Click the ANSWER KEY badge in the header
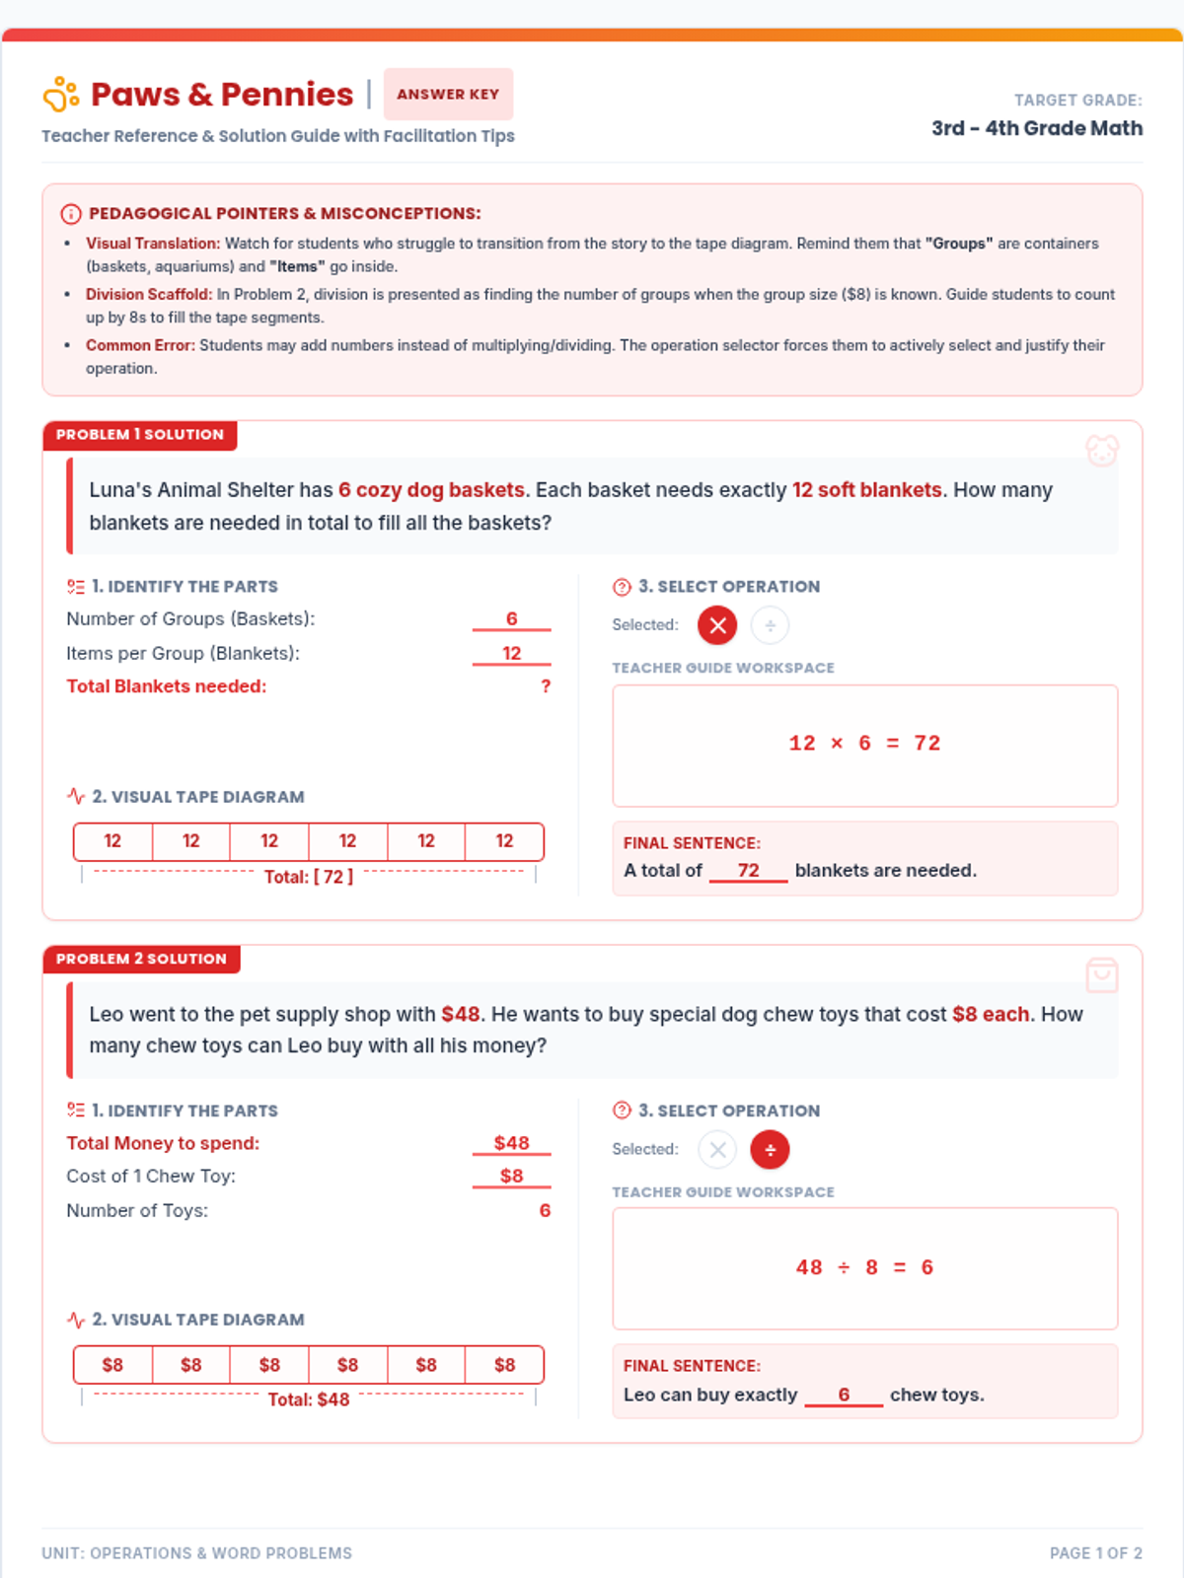point(448,94)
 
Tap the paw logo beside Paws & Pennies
point(61,94)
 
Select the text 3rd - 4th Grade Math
point(1037,128)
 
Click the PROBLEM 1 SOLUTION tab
point(139,435)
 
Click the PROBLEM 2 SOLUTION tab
point(141,959)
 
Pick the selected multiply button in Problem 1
point(716,624)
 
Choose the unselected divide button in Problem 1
point(770,624)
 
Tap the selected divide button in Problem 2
point(770,1149)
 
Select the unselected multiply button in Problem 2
point(716,1149)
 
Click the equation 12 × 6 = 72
point(864,744)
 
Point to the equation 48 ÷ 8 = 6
point(864,1266)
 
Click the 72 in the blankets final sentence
point(748,870)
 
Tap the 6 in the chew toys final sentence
point(844,1394)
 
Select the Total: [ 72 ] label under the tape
point(309,877)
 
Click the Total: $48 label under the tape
point(309,1399)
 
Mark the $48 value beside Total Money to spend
point(511,1142)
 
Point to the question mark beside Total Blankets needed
point(546,686)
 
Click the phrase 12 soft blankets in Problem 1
point(866,489)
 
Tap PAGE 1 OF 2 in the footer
point(1095,1552)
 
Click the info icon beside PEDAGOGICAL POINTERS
point(70,213)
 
